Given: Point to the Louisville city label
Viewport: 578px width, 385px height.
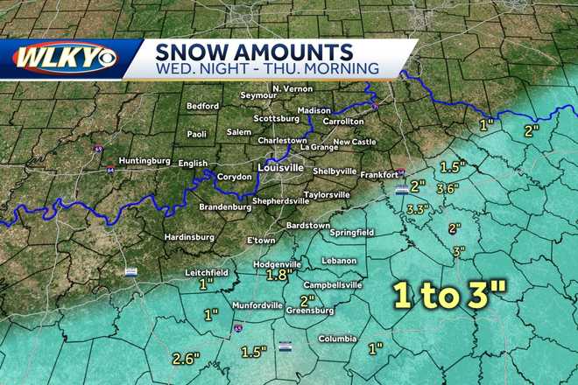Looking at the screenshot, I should [x=279, y=166].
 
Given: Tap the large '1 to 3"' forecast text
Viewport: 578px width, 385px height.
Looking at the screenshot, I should [x=445, y=297].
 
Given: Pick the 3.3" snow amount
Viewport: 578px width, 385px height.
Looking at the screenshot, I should [x=419, y=208].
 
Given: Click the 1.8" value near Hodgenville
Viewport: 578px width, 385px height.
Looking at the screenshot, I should [x=278, y=275].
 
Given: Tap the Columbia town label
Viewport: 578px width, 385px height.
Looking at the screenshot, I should [x=337, y=339].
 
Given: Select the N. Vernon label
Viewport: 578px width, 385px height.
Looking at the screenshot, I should [x=289, y=89].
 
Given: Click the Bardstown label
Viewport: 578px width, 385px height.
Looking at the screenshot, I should [x=308, y=224].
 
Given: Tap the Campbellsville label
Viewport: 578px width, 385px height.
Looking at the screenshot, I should [x=332, y=284].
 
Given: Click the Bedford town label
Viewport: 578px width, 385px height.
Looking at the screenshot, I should [x=203, y=106].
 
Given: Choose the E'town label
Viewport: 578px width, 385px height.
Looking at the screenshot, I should [x=261, y=241].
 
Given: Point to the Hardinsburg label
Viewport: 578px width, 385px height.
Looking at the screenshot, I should [x=189, y=236].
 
